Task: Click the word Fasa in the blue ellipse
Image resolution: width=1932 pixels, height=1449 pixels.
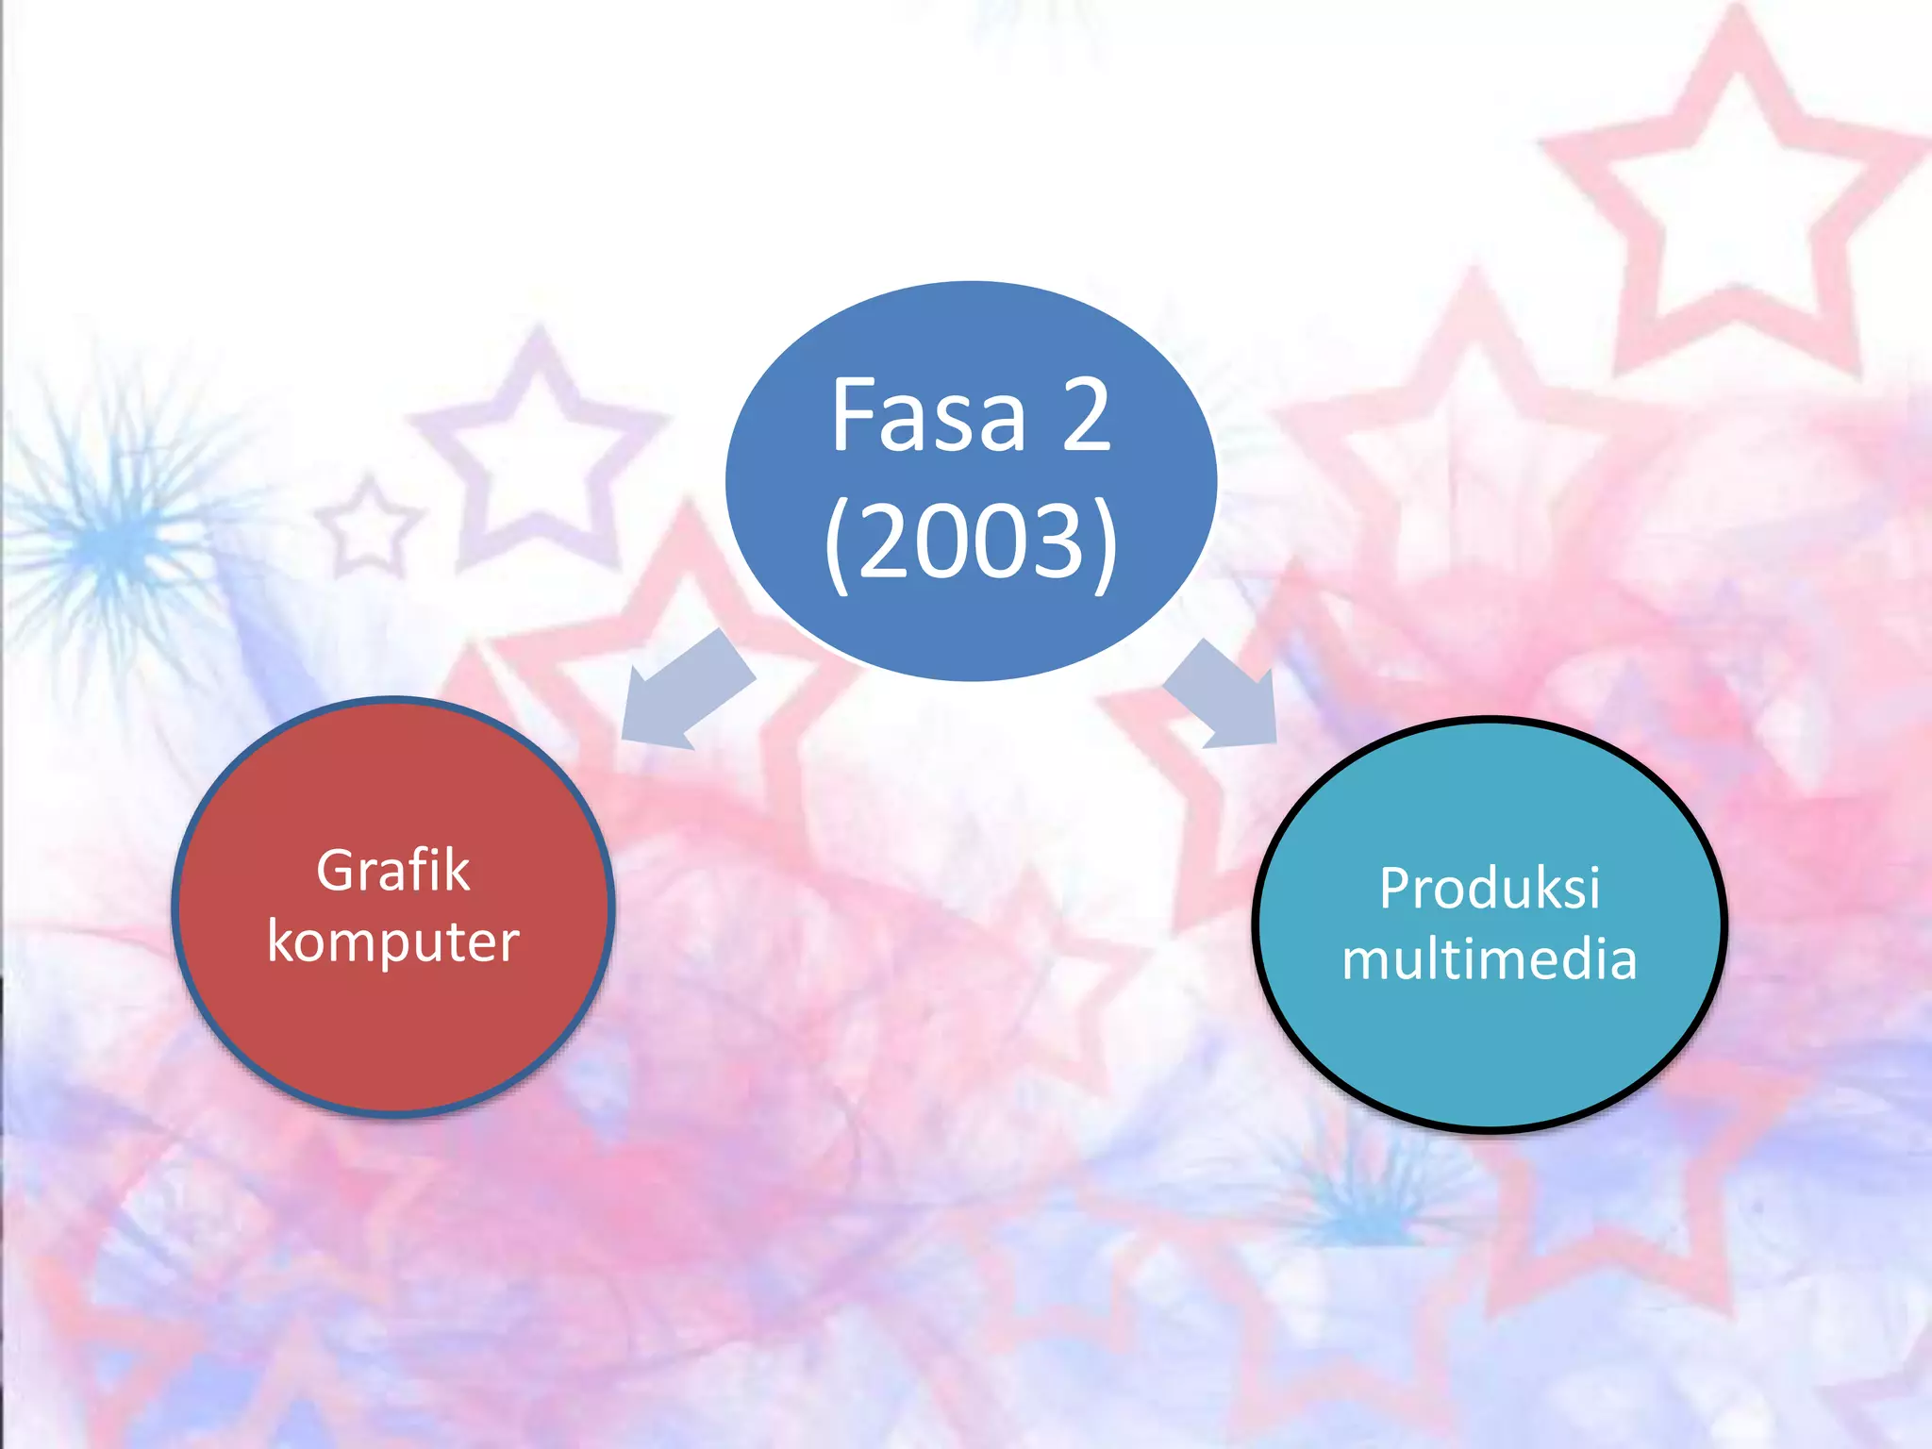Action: coord(928,416)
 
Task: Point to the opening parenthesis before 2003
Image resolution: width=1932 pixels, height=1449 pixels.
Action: coord(839,545)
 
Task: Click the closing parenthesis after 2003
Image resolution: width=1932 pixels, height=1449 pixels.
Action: coord(1105,545)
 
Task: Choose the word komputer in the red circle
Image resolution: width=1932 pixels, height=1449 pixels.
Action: coord(392,941)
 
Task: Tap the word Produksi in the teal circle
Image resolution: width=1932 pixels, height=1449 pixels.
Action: coord(1490,888)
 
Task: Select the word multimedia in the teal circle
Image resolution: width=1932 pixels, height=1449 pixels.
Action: coord(1490,959)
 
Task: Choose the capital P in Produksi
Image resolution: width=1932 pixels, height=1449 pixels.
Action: coord(1394,888)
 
